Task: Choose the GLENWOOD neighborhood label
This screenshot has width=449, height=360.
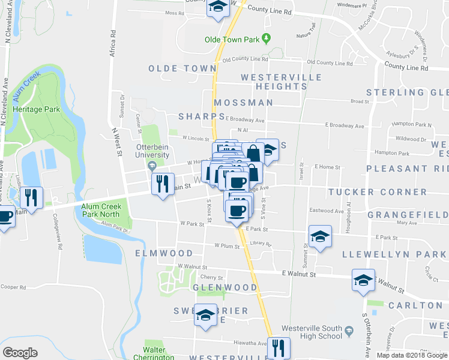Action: (224, 287)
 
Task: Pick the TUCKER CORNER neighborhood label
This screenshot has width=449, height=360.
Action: (378, 193)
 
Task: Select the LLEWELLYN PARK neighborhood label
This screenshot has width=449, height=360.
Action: (394, 254)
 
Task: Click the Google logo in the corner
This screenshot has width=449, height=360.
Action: (20, 353)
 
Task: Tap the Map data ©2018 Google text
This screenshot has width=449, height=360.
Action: (412, 355)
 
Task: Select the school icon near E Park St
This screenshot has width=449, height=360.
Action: (320, 236)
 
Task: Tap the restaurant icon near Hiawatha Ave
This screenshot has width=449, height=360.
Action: (279, 347)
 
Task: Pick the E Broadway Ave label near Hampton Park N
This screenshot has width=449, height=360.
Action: (345, 126)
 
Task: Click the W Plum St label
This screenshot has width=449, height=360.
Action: (226, 246)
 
